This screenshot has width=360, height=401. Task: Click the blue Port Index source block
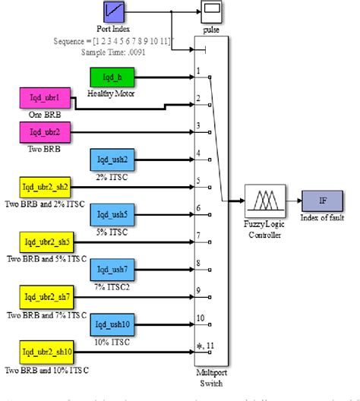click(x=115, y=14)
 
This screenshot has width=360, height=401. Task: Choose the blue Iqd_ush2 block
click(x=112, y=160)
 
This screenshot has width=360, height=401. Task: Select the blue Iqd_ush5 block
click(x=112, y=215)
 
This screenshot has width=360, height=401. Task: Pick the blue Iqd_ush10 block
click(x=112, y=324)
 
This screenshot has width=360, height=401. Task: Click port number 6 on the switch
click(x=200, y=208)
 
